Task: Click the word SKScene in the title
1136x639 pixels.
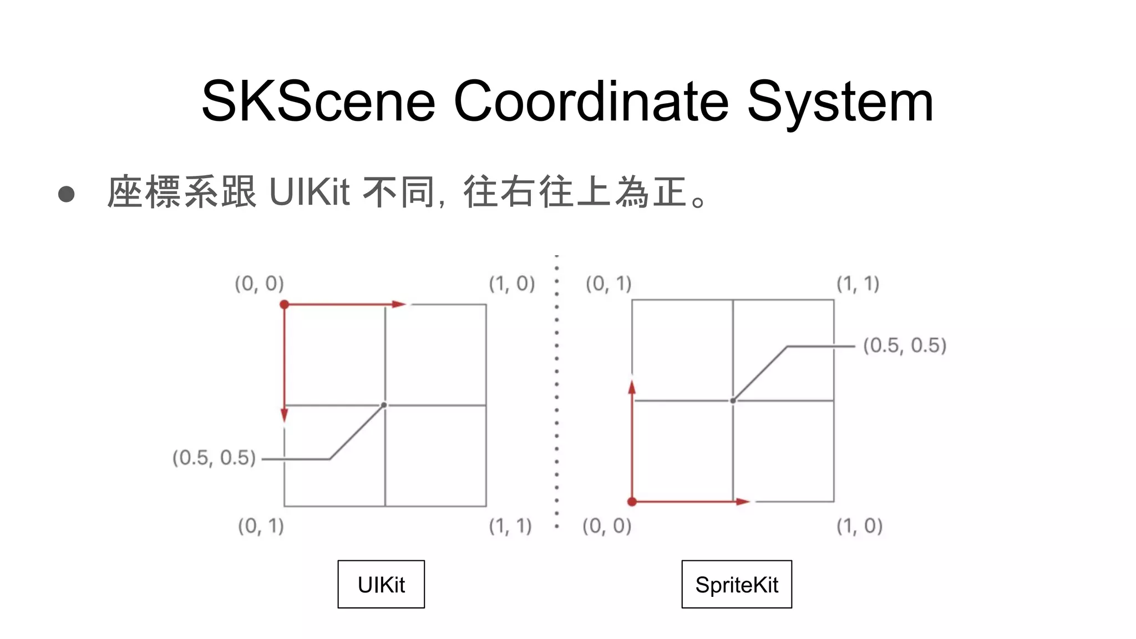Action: click(x=318, y=102)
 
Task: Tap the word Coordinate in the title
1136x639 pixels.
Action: click(x=591, y=102)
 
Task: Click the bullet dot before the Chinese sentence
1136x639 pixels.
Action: click(x=66, y=194)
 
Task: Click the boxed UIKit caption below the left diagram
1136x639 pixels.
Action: click(x=381, y=585)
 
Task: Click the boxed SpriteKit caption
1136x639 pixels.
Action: click(x=737, y=585)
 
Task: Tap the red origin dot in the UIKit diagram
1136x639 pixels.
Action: click(x=285, y=305)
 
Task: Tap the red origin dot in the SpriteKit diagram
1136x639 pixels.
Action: click(x=632, y=502)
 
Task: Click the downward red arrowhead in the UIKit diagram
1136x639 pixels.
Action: click(x=285, y=414)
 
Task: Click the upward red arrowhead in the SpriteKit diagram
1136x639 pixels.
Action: click(x=632, y=387)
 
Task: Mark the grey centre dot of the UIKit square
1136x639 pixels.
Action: click(x=384, y=405)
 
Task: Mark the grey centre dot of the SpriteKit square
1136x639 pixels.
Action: click(x=733, y=400)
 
